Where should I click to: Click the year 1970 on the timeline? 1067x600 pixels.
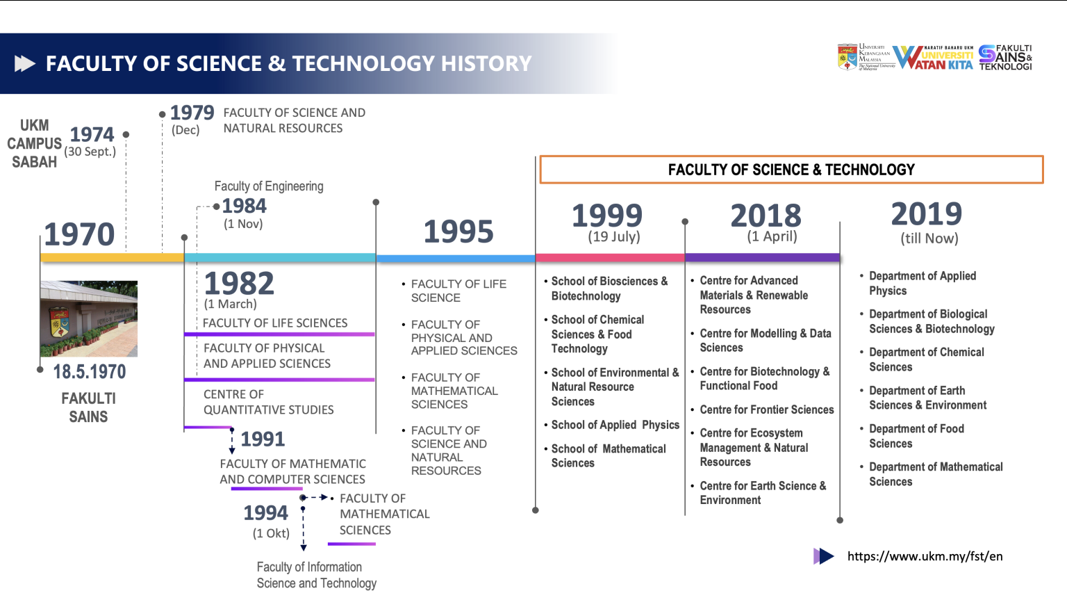coord(79,234)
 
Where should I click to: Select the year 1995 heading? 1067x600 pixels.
coord(458,232)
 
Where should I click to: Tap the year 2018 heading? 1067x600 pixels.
coord(766,216)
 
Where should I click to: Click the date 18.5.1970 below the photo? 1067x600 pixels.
coord(90,372)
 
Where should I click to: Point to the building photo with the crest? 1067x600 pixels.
coord(89,318)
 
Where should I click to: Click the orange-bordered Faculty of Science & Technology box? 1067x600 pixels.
coord(791,170)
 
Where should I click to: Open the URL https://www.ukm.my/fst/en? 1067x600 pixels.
coord(925,556)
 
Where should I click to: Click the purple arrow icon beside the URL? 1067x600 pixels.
coord(823,556)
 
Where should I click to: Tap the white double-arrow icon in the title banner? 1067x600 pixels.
coord(25,64)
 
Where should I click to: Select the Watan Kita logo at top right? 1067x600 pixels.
coord(933,58)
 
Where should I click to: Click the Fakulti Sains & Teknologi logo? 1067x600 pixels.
coord(1005,58)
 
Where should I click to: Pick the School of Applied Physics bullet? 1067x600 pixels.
coord(615,425)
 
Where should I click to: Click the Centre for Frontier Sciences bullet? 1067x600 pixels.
coord(766,410)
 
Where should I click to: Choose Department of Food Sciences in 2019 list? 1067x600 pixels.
coord(916,436)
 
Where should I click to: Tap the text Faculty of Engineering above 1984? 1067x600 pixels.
coord(269,186)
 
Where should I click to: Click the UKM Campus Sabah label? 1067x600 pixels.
coord(34,144)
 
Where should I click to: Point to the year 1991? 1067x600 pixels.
coord(263,439)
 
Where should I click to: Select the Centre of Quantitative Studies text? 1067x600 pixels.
coord(268,402)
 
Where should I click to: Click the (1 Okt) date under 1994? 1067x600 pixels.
coord(271,533)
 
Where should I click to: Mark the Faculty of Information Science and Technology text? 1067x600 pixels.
coord(316,575)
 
